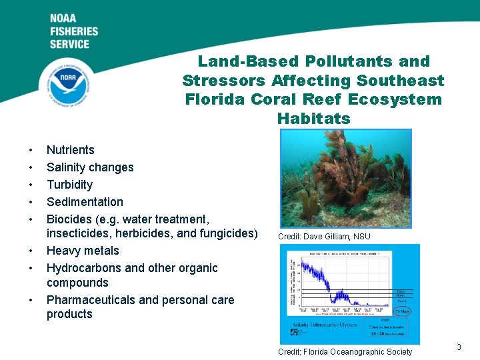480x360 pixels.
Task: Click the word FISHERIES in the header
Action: coord(73,31)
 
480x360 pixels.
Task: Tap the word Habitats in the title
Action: coord(313,119)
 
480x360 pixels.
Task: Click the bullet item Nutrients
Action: coord(70,150)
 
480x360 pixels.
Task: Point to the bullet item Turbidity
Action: coord(69,185)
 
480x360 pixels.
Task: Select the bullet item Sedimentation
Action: coord(85,202)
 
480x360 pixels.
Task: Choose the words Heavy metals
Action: coord(83,251)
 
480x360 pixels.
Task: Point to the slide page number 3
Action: coord(459,347)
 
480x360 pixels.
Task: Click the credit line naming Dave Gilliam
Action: coord(324,237)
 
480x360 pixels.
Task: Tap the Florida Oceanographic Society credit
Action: coord(345,352)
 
